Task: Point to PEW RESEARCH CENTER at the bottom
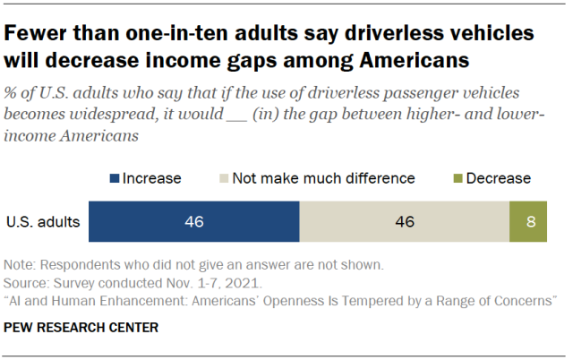pos(81,328)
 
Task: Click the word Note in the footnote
pos(19,265)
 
